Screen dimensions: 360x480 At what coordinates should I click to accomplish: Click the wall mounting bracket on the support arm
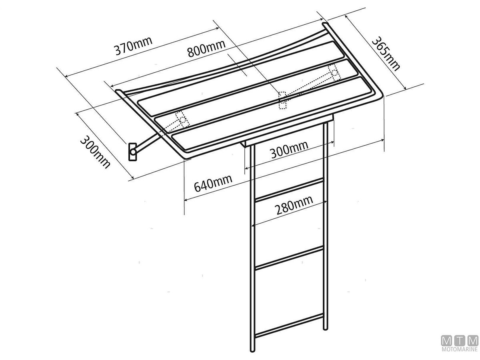click(x=132, y=152)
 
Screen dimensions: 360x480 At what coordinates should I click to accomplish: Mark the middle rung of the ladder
click(x=289, y=258)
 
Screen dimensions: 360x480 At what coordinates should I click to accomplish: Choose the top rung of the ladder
click(x=289, y=190)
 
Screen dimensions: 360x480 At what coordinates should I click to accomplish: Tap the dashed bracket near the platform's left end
click(x=181, y=119)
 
